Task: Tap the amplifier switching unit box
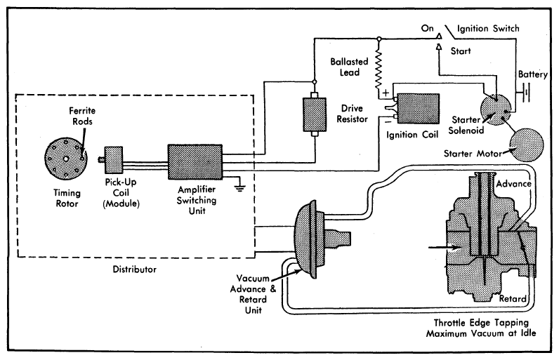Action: point(194,163)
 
